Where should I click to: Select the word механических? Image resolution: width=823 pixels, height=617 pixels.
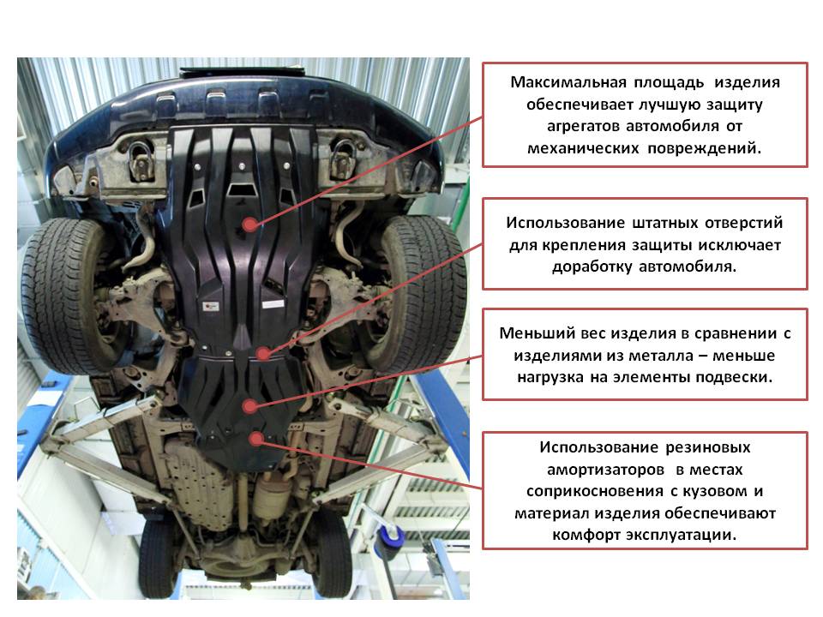583,148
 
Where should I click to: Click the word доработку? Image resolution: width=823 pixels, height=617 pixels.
592,267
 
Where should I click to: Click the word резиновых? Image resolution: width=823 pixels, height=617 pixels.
708,447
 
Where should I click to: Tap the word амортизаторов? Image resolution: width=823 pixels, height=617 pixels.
606,470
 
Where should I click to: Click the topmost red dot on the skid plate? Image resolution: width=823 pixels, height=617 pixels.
250,225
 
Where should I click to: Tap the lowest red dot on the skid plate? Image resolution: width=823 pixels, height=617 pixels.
256,438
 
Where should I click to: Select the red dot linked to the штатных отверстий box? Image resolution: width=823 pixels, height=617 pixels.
263,353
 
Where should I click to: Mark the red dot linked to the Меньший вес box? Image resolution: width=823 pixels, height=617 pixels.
250,405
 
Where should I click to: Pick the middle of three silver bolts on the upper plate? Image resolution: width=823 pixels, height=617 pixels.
242,166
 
